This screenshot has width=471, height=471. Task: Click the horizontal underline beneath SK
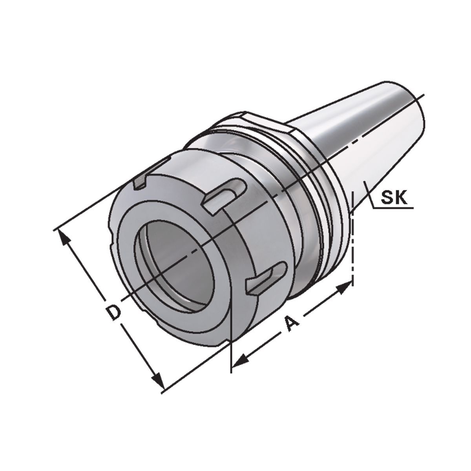pos(392,208)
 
